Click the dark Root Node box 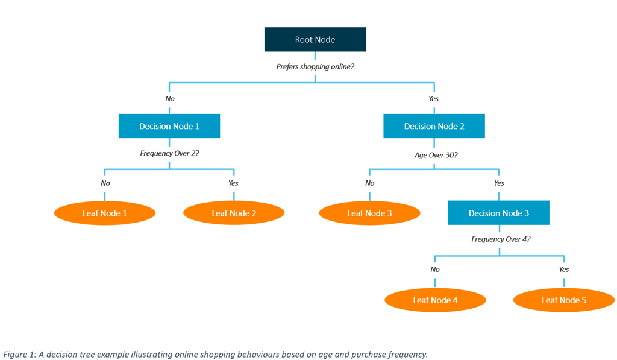[315, 40]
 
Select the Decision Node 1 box [169, 126]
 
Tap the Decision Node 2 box [434, 126]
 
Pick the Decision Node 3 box [498, 213]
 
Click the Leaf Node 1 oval [105, 213]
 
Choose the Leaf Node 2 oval [234, 213]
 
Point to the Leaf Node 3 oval [369, 213]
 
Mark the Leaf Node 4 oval [435, 300]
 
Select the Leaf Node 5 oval [564, 300]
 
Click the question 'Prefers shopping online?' [315, 66]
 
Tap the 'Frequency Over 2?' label [169, 153]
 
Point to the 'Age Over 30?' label [436, 155]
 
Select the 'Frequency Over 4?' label [501, 239]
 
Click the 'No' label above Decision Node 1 [170, 98]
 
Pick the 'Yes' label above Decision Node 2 [433, 98]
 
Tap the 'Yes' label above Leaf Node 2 [233, 183]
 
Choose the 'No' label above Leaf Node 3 [369, 183]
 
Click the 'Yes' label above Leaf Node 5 [563, 270]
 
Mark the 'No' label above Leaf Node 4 [435, 270]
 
